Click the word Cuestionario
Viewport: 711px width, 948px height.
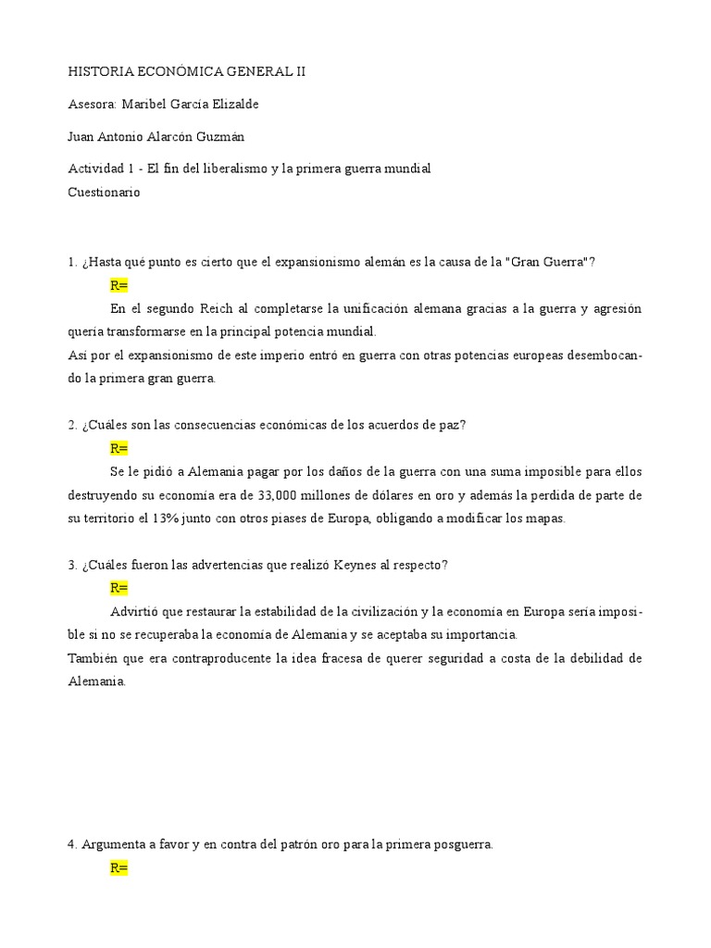105,193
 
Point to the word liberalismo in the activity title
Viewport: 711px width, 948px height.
235,168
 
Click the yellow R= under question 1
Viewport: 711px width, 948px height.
118,285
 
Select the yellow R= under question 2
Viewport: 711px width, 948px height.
118,449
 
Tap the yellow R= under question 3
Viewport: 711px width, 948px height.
118,588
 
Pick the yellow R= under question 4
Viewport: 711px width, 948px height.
118,868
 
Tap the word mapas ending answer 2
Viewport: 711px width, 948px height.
543,518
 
